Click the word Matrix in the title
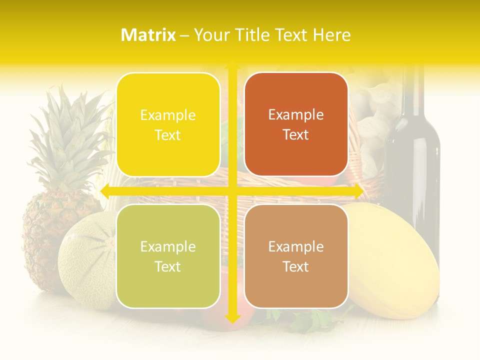(x=148, y=34)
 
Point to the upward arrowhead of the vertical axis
(x=232, y=65)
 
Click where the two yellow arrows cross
(x=232, y=191)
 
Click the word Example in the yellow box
(x=168, y=115)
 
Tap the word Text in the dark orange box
(x=296, y=135)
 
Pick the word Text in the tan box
(x=296, y=267)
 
